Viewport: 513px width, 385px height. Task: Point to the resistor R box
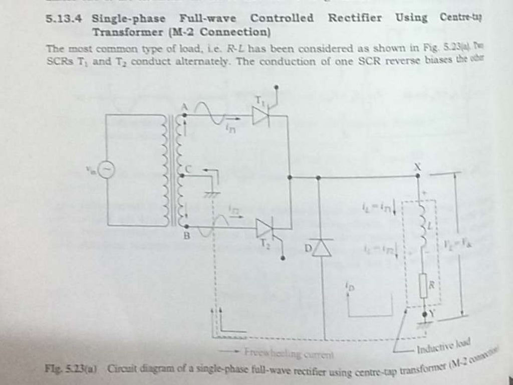tap(423, 286)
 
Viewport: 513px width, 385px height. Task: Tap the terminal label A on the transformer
tap(184, 106)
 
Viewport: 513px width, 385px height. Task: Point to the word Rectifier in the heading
tap(355, 18)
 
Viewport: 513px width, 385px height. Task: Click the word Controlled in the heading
tap(282, 18)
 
